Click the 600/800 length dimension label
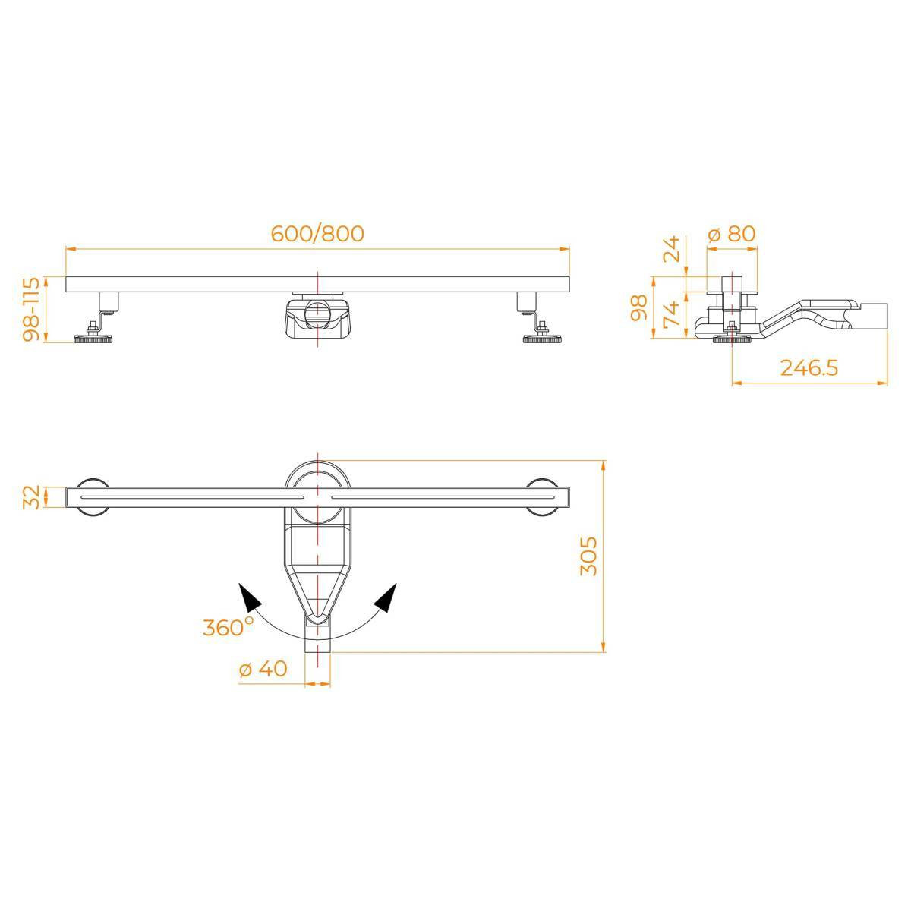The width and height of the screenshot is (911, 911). coord(317,234)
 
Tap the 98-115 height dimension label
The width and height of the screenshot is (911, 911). coord(33,309)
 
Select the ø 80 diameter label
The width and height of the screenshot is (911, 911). coord(732,234)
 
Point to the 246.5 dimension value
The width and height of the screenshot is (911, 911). coord(809,367)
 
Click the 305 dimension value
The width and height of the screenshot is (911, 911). coord(588,556)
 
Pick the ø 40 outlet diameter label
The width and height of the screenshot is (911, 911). coord(263,669)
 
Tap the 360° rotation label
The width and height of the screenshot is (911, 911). coord(229,627)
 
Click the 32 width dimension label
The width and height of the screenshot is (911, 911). coord(30,497)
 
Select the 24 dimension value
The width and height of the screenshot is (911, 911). coord(671,249)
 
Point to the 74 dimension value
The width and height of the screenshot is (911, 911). coord(671,313)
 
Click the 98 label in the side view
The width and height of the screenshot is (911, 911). coord(639,307)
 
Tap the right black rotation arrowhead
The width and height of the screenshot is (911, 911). coord(386,598)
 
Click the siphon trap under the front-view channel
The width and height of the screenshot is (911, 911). coord(317,317)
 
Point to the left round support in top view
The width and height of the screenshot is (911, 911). coord(93,497)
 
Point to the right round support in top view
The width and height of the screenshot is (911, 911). coord(542,497)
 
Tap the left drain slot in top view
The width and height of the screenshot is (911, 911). coord(192,497)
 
